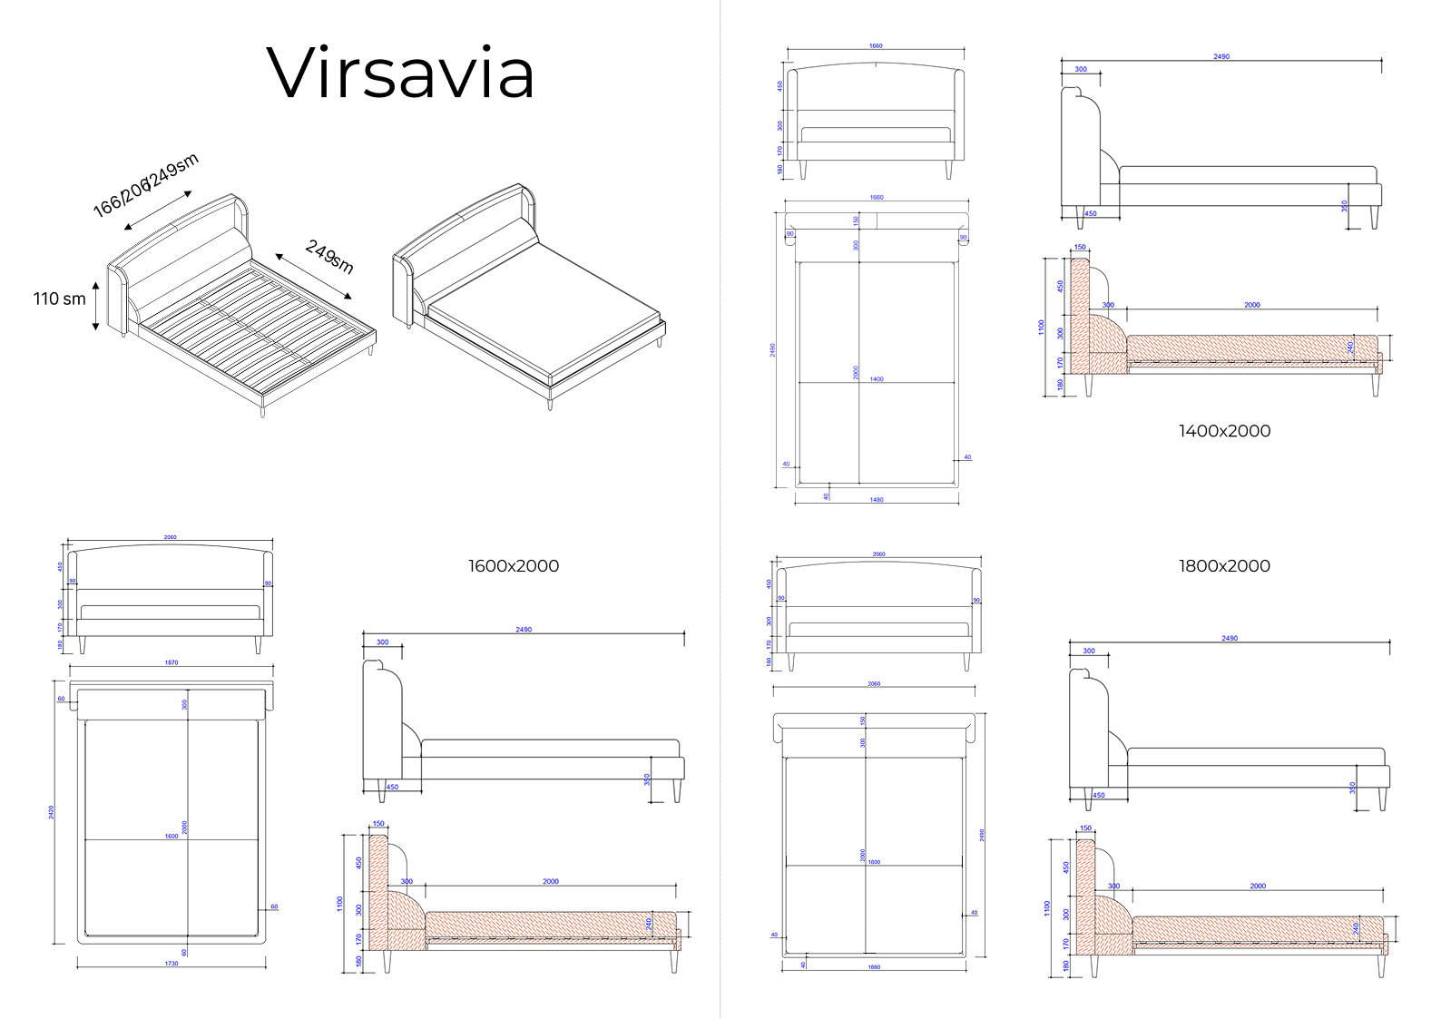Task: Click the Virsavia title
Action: (x=400, y=73)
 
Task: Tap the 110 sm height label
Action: (x=60, y=299)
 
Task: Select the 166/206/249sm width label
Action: (x=145, y=186)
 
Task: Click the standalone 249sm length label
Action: (x=329, y=256)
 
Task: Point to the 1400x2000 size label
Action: (x=1224, y=431)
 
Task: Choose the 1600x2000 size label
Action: (x=514, y=566)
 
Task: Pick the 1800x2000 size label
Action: (x=1224, y=566)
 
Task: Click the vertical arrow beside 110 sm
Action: (x=95, y=307)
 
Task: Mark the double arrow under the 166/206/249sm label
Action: (x=158, y=211)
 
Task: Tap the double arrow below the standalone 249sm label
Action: (x=314, y=277)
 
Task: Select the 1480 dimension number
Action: (x=877, y=500)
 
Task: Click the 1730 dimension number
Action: (x=172, y=964)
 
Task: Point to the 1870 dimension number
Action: (x=172, y=662)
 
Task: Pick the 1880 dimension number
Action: (x=874, y=967)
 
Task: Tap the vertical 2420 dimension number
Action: (x=52, y=811)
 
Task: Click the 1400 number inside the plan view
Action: (x=877, y=379)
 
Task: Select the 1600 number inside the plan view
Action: (x=172, y=836)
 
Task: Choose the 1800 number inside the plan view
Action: (x=874, y=862)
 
